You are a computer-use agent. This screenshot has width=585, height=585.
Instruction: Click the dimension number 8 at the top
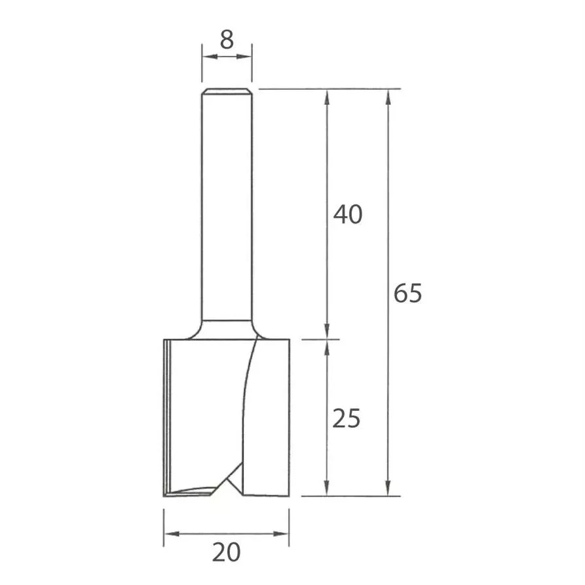coord(227,39)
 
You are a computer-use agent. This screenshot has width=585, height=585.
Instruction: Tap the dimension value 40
coord(348,214)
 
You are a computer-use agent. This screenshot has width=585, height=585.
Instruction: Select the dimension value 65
coord(407,293)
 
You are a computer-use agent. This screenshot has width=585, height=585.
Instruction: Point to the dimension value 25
coord(347,418)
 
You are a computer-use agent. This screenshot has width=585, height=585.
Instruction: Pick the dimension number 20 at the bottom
coord(227,552)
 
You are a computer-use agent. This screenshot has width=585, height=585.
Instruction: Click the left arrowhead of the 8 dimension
coord(209,57)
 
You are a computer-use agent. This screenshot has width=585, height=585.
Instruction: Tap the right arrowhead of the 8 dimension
coord(244,57)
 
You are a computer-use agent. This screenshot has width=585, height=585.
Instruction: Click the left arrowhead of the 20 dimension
coord(172,534)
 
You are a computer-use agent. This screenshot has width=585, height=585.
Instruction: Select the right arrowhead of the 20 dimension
coord(281,534)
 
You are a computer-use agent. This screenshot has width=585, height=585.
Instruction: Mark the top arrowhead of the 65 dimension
coord(388,97)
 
